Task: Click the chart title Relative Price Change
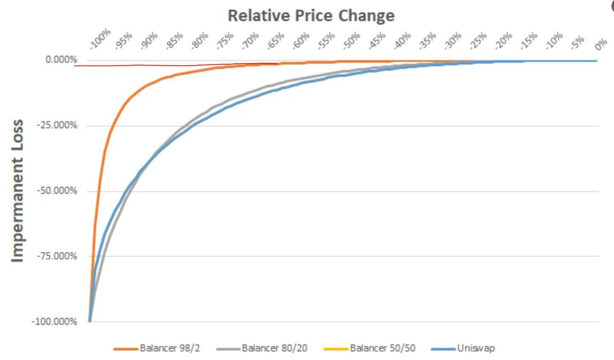pyautogui.click(x=311, y=15)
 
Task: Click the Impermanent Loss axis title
pyautogui.click(x=18, y=191)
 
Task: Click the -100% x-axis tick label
pyautogui.click(x=100, y=40)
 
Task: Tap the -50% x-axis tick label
pyautogui.click(x=352, y=41)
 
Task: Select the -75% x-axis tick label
pyautogui.click(x=226, y=41)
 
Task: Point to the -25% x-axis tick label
pyautogui.click(x=478, y=41)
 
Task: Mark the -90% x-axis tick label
pyautogui.click(x=150, y=41)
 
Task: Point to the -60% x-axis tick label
pyautogui.click(x=301, y=41)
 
